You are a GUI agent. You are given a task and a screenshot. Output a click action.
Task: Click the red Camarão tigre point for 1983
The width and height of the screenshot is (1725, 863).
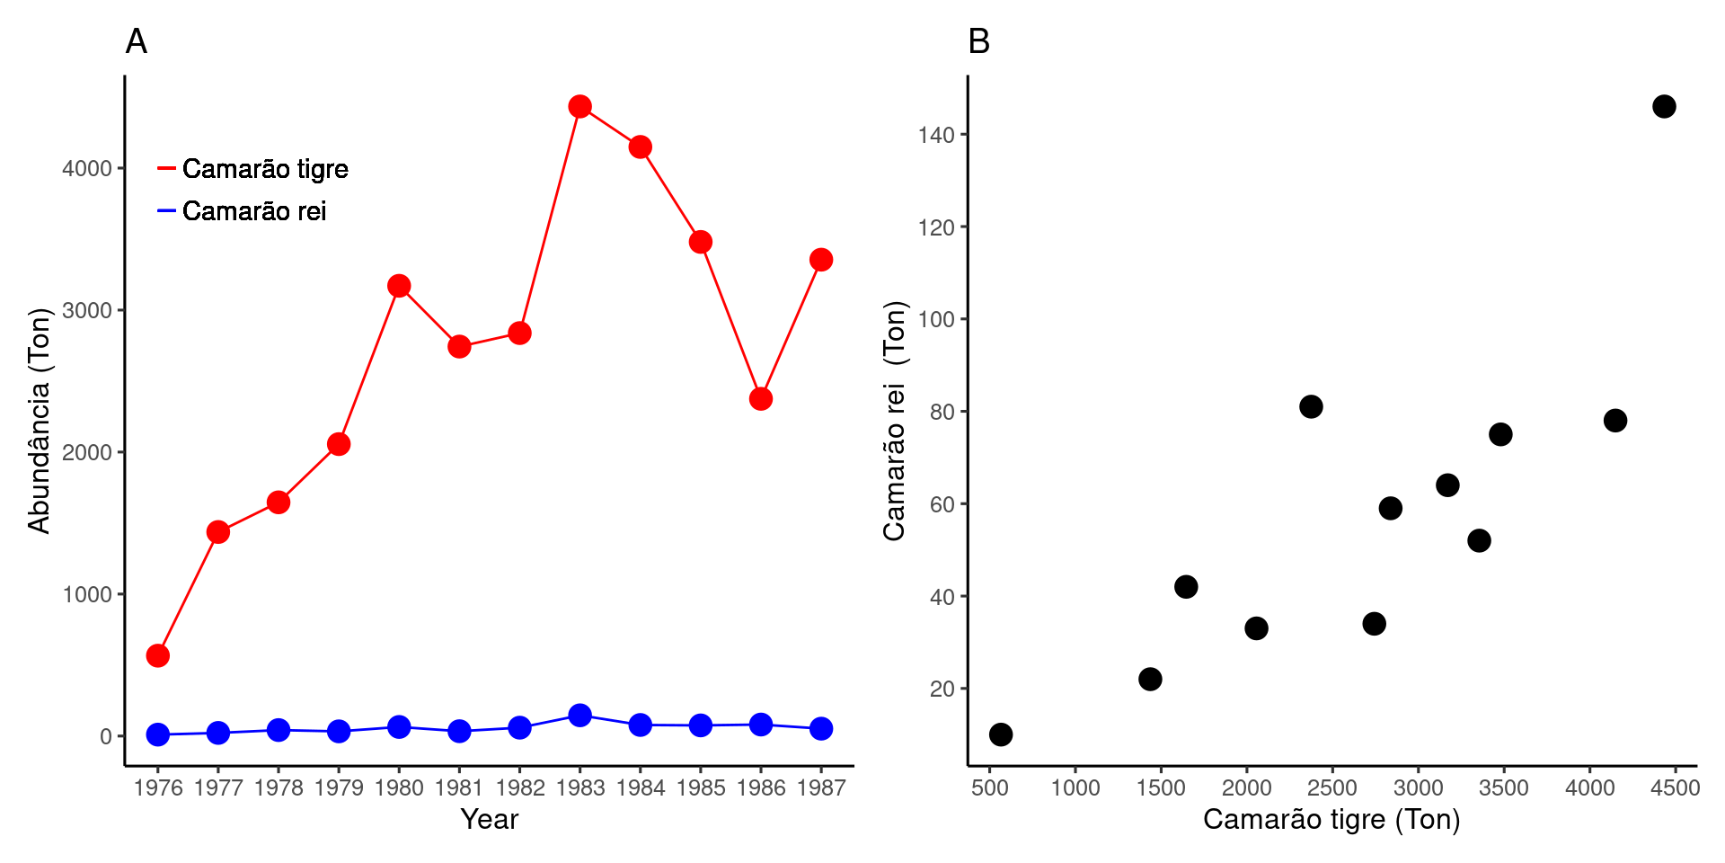click(579, 107)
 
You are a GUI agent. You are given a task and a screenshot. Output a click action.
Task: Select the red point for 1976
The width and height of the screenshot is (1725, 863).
click(158, 655)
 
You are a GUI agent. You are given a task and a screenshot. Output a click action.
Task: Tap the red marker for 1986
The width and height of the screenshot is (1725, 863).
click(761, 398)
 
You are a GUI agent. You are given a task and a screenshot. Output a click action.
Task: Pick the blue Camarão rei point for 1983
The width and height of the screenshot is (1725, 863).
click(579, 716)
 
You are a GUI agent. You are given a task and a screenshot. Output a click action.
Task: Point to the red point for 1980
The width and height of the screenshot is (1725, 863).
click(399, 286)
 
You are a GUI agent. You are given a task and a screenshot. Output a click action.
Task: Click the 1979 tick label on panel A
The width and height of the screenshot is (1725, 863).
click(339, 788)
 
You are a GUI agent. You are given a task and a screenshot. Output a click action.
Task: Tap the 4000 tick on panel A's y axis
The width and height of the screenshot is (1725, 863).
click(86, 169)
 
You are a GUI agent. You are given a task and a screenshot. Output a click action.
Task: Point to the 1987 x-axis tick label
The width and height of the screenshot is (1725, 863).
click(821, 788)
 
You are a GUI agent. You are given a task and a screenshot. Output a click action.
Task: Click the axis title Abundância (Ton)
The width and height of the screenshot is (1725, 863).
click(40, 421)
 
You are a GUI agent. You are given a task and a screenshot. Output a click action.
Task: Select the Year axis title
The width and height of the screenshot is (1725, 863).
click(489, 820)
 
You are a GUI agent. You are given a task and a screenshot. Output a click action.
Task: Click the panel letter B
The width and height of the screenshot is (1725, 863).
click(978, 41)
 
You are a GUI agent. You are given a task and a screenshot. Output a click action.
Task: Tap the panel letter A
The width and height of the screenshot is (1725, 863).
click(136, 41)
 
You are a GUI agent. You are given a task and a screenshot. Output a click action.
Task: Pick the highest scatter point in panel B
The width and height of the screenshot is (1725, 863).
click(1664, 107)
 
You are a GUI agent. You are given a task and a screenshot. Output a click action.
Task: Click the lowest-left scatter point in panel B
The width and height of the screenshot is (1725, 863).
click(1001, 734)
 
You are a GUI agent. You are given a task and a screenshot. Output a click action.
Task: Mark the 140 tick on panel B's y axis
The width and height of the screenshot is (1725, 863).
click(935, 136)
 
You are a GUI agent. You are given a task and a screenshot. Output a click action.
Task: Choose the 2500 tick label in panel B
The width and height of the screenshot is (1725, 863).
click(1331, 788)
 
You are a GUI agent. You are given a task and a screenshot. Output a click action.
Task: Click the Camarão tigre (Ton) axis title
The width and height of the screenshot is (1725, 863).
click(1331, 820)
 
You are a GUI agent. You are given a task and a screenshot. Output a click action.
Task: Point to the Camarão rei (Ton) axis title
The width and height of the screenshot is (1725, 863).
click(895, 421)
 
